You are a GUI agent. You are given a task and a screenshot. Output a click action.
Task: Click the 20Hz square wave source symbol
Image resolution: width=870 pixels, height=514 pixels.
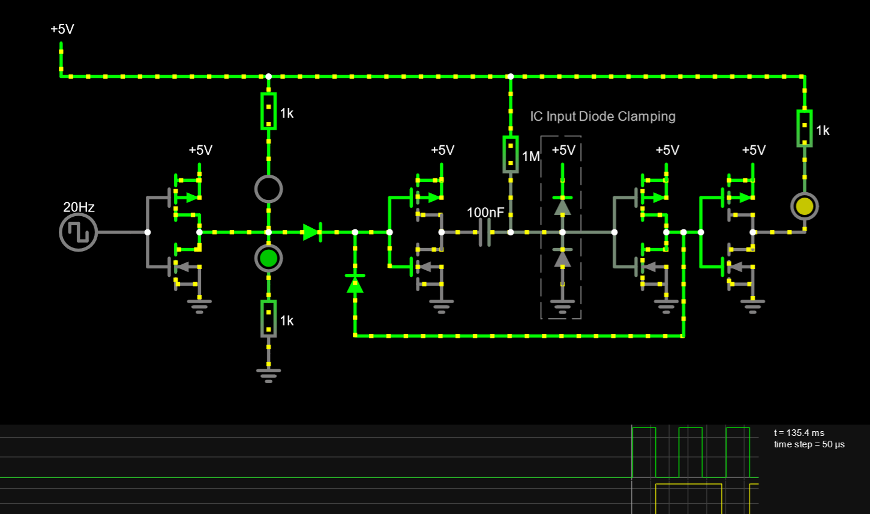(79, 232)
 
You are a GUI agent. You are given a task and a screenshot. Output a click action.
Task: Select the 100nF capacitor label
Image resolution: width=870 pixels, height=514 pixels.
(485, 213)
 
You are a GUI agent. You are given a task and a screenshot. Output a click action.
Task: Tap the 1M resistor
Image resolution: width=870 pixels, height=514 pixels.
(511, 154)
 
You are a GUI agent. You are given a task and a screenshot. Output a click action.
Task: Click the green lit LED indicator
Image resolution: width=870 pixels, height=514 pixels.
(268, 258)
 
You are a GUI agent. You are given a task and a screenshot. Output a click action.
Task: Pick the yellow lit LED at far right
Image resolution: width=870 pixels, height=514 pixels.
(804, 207)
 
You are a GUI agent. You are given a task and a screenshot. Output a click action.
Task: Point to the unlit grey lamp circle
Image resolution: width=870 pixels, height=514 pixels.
(268, 189)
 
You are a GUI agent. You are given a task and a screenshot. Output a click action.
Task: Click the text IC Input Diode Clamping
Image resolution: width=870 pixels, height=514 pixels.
(602, 116)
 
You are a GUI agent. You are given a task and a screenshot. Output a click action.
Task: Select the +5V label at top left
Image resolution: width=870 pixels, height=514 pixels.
(62, 29)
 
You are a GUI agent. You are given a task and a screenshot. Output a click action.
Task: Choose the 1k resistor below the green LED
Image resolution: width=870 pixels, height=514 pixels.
(268, 319)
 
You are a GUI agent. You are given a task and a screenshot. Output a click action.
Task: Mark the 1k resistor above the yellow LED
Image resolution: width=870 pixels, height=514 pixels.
(805, 128)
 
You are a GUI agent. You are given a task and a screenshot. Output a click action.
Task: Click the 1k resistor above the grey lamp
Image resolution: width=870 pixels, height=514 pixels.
(268, 111)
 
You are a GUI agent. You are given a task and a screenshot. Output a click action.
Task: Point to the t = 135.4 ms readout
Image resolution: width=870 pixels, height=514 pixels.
(799, 433)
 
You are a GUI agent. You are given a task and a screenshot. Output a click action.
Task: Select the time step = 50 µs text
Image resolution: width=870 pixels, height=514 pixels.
(809, 444)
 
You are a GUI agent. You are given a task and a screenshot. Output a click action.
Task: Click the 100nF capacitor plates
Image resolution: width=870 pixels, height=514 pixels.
(485, 232)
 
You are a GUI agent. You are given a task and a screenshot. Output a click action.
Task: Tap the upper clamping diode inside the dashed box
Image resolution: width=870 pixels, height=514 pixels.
(562, 205)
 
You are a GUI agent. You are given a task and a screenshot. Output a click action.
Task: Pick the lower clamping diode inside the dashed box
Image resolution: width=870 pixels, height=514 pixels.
(562, 258)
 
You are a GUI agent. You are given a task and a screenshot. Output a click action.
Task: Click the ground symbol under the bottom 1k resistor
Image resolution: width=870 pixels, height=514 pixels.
(268, 375)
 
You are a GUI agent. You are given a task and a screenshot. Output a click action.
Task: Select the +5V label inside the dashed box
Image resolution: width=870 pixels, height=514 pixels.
(563, 150)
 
